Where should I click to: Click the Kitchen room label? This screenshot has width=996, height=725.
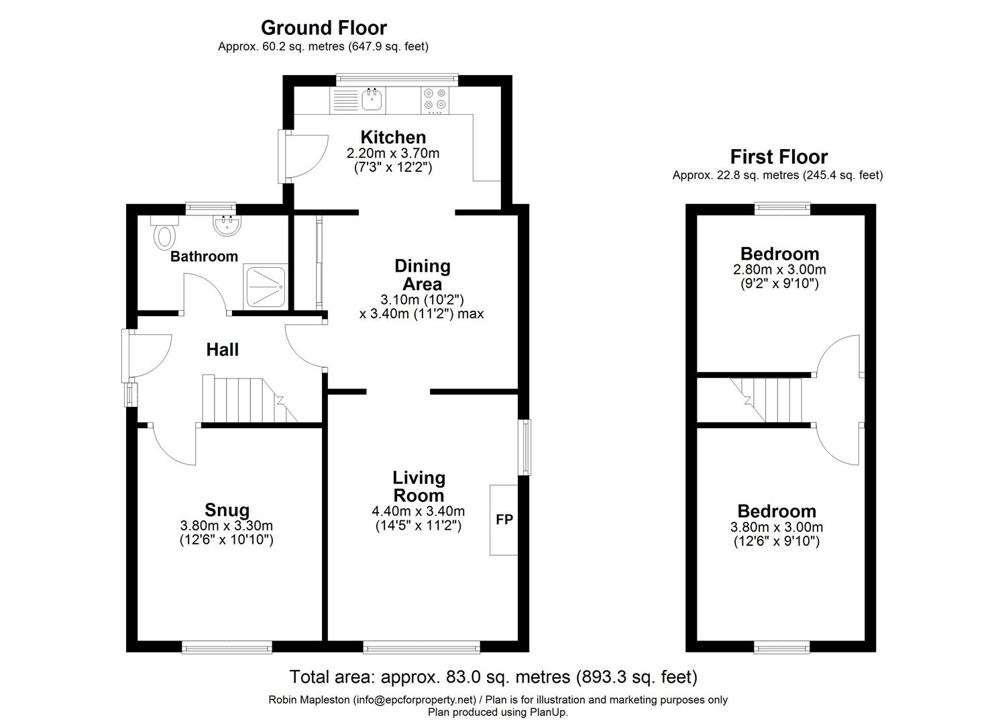392,137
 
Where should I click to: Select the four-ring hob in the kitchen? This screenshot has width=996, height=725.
435,99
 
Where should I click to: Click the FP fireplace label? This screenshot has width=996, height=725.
504,519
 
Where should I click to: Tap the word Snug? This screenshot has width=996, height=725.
227,510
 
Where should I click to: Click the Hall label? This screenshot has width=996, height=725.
222,350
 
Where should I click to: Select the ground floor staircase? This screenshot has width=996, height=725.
248,400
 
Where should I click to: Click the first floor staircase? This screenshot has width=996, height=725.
768,400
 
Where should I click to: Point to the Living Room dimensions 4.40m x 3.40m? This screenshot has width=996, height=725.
418,511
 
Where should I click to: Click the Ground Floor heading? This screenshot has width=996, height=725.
323,28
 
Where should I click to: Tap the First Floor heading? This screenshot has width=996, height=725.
778,157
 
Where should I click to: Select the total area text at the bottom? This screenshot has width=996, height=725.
493,676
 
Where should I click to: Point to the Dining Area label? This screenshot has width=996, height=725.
422,275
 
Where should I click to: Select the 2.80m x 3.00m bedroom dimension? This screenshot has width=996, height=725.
779,270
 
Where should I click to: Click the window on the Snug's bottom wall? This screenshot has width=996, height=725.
227,647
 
